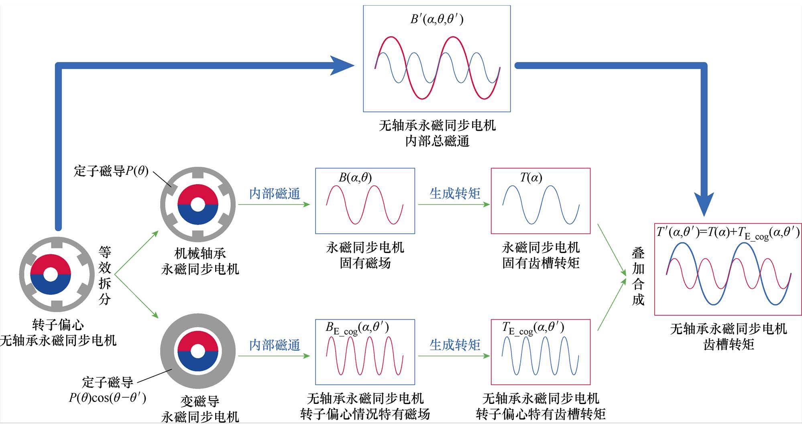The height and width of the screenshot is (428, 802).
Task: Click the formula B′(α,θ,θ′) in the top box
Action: (x=437, y=19)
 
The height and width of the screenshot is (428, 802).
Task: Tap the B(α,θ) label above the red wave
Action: (x=355, y=177)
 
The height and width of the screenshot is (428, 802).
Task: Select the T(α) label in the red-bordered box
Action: (x=531, y=177)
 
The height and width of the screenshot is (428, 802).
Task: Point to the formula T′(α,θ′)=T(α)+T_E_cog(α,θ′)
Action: (x=728, y=233)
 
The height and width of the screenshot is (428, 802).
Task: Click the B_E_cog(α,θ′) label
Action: (x=357, y=329)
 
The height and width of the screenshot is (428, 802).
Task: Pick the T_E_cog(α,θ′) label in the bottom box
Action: (x=533, y=329)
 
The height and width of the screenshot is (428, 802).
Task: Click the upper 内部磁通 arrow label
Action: (x=275, y=194)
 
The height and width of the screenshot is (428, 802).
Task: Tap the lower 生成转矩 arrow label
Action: (x=454, y=345)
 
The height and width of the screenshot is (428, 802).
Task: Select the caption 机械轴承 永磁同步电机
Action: (x=200, y=261)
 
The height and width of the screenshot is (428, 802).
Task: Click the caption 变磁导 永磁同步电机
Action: (x=200, y=409)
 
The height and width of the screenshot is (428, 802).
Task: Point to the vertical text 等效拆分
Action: (x=105, y=276)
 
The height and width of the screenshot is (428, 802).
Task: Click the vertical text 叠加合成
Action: (x=638, y=276)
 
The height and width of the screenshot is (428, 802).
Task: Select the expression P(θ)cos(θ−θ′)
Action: (x=108, y=398)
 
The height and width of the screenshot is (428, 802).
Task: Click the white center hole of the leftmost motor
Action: (x=51, y=275)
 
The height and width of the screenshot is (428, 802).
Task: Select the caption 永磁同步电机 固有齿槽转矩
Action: (x=540, y=255)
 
